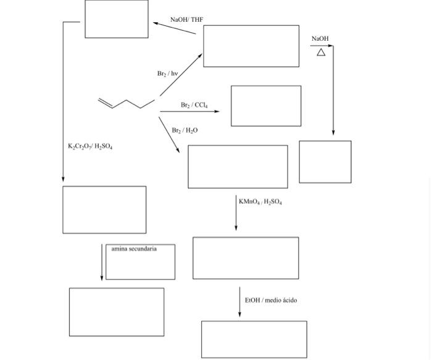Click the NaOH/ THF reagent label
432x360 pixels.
(x=186, y=20)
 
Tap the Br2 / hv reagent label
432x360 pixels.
(x=167, y=73)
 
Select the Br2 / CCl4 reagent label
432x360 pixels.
(x=194, y=105)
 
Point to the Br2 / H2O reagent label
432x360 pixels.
(x=185, y=130)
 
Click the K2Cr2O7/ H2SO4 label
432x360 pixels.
(x=90, y=146)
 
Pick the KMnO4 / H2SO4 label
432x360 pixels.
(x=260, y=202)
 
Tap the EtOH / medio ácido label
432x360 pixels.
(x=270, y=300)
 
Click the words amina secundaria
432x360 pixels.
(x=134, y=249)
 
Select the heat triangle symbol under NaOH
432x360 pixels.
(x=321, y=52)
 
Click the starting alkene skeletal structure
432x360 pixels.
(x=126, y=103)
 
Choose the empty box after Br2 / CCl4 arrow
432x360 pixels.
(x=266, y=106)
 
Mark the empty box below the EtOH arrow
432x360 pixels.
(x=254, y=339)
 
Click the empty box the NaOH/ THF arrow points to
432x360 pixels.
(x=117, y=19)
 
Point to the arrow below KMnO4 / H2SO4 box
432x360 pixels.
(x=236, y=213)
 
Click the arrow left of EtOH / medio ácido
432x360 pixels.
(x=240, y=302)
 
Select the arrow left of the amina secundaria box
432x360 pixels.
(x=102, y=262)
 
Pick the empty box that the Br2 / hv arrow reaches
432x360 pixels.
(x=251, y=46)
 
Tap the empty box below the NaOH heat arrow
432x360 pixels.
(x=325, y=162)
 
